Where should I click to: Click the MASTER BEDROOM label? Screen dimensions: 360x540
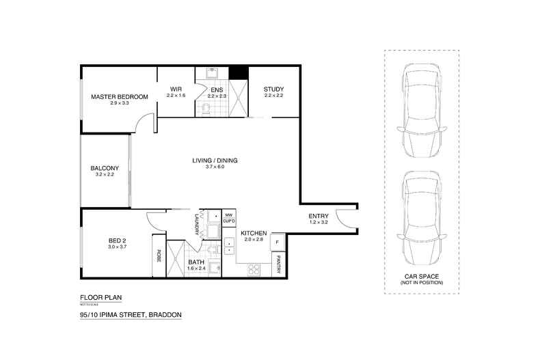(120, 97)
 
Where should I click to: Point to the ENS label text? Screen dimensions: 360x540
(217, 90)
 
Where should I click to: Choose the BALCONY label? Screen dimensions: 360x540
(105, 169)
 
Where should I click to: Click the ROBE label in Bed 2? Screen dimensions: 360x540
(159, 255)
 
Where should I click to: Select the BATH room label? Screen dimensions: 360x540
(196, 262)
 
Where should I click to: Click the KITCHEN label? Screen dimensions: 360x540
(254, 234)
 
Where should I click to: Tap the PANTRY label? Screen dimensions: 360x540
(279, 264)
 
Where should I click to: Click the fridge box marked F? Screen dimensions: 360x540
(278, 243)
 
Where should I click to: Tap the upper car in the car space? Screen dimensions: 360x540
(420, 103)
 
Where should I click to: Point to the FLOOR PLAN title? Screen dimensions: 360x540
(100, 299)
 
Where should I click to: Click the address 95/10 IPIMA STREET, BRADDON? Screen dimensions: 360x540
(131, 316)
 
